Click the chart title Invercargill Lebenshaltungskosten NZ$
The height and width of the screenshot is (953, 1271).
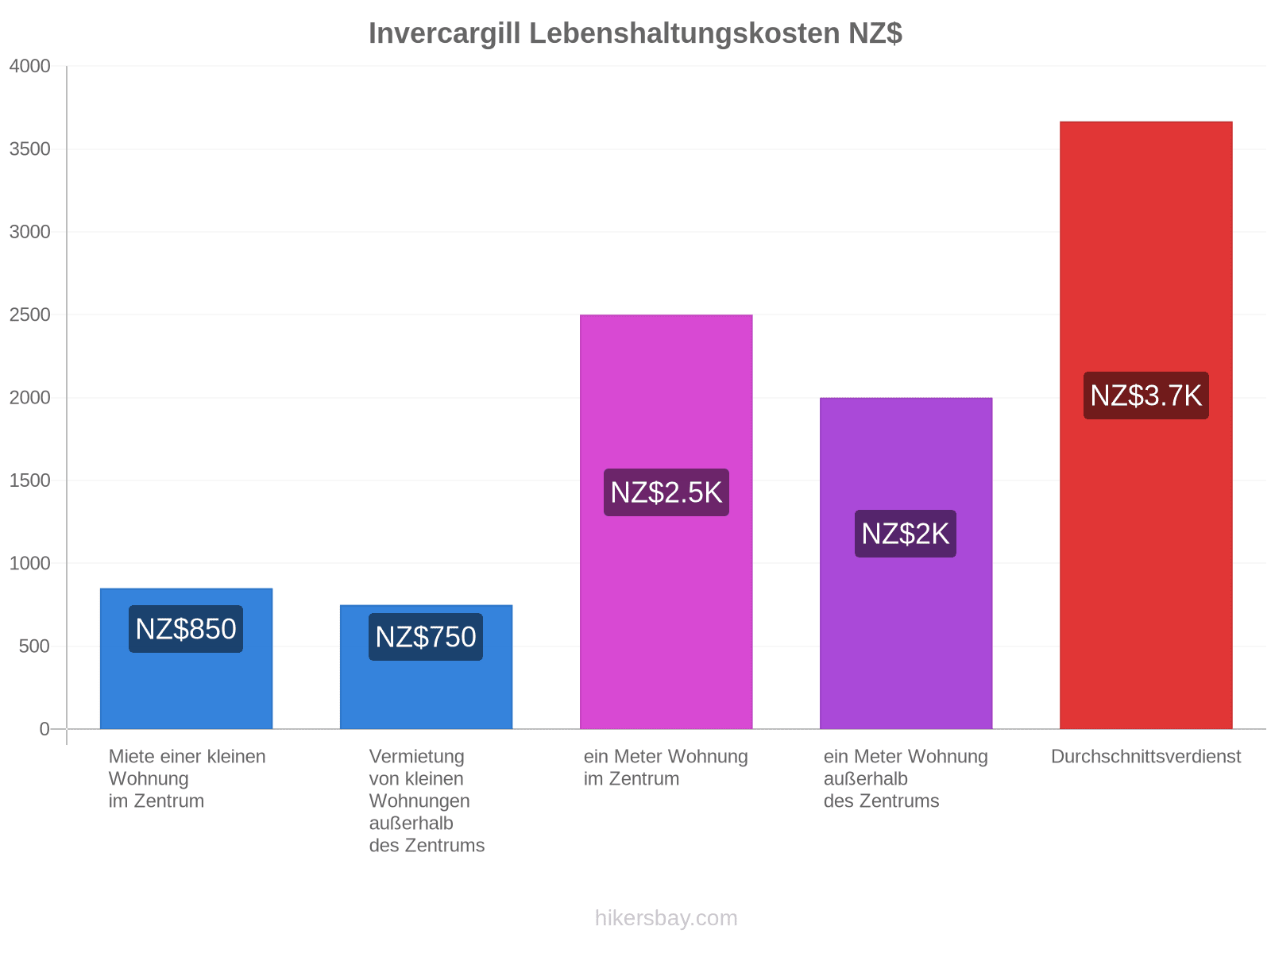point(635,33)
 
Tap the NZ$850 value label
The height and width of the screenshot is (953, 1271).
point(185,628)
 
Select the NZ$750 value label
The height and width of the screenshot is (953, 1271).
point(425,636)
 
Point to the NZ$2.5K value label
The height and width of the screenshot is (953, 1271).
point(666,492)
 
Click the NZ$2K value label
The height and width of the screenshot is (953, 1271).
point(905,534)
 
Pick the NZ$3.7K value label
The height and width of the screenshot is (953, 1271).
point(1145,395)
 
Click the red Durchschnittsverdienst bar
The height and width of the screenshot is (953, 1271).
point(1145,425)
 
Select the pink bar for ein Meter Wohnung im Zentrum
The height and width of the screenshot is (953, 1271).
point(666,521)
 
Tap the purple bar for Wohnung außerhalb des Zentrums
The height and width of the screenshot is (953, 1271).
point(906,563)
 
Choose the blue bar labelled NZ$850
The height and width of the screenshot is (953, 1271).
point(186,658)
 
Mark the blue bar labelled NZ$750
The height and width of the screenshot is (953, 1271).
point(426,666)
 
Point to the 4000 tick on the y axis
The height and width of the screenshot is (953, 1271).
point(29,66)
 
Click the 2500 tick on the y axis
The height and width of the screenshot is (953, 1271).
point(29,314)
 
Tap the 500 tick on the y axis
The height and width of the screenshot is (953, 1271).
point(34,646)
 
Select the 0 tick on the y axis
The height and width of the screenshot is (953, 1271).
point(44,729)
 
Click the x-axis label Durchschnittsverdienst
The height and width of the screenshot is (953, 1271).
point(1145,756)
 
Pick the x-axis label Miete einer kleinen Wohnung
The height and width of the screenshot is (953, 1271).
point(187,778)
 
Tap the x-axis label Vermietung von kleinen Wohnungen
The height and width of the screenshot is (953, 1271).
point(426,801)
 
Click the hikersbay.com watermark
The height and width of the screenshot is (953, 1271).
point(666,918)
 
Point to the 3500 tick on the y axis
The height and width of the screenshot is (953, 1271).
point(29,149)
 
